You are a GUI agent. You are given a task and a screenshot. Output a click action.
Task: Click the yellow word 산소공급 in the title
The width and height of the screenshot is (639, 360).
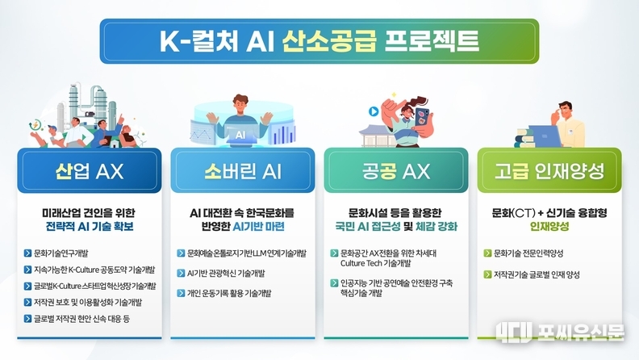(329, 41)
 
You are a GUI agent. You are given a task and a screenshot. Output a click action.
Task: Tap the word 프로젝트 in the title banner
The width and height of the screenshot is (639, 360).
(432, 41)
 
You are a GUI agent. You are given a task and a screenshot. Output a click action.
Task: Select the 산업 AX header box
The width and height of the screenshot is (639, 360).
(90, 170)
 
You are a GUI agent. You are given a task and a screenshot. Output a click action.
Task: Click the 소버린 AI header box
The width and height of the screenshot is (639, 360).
(243, 170)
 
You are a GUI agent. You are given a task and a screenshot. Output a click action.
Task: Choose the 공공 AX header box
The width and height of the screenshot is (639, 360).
(396, 170)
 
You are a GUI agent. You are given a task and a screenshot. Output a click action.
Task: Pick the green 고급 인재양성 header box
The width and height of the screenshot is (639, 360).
(549, 170)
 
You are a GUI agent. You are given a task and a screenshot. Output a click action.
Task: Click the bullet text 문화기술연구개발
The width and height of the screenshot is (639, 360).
(61, 253)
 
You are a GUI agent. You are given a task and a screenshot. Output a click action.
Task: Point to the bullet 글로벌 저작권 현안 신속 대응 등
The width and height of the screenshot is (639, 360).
(81, 319)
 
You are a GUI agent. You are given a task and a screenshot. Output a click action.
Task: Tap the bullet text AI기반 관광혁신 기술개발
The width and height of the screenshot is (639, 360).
(226, 273)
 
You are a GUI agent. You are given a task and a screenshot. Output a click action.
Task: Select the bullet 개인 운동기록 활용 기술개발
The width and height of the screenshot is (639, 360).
(228, 293)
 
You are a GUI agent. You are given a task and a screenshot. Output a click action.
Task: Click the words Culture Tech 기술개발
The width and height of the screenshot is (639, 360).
(375, 263)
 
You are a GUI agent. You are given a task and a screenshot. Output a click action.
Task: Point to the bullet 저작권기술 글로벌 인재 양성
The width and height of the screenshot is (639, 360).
(537, 274)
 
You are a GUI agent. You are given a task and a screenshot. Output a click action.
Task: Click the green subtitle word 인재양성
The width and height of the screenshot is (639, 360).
(549, 226)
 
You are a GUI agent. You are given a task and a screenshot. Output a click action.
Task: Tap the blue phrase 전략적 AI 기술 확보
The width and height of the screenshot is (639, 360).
(90, 226)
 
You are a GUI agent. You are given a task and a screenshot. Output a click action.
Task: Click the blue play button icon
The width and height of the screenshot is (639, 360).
(374, 111)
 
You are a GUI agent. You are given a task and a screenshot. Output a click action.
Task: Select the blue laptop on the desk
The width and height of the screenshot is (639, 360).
(545, 136)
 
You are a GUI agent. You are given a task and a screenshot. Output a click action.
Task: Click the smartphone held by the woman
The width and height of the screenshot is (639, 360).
(422, 118)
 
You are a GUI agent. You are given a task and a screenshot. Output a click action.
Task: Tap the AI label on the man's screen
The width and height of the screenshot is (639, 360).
(240, 135)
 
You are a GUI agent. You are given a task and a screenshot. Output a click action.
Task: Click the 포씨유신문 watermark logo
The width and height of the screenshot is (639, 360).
(560, 332)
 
